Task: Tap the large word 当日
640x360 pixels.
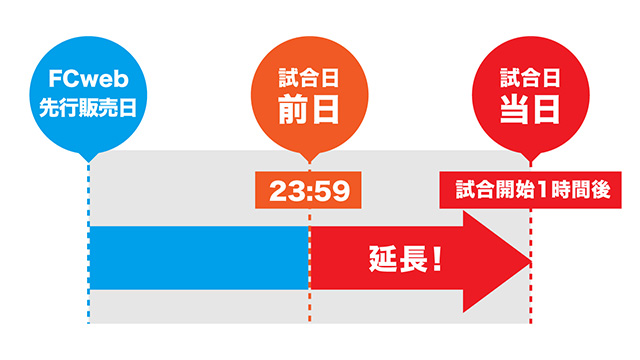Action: pos(530,109)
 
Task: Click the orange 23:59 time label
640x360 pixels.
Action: pos(308,190)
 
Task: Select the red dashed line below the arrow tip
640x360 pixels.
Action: pos(530,300)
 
